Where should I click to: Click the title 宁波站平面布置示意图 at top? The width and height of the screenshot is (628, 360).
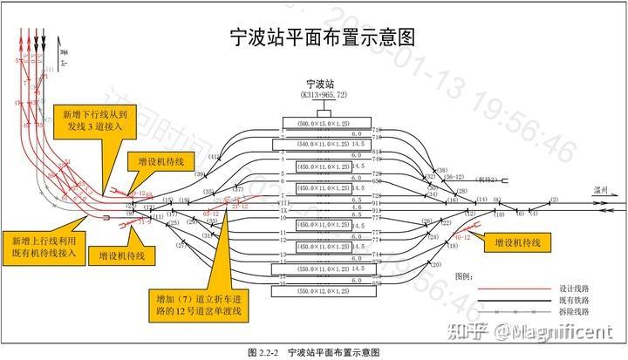(x=320, y=37)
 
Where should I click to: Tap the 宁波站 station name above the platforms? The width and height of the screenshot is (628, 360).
(x=323, y=83)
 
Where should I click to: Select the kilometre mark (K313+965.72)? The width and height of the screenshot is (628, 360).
(x=323, y=94)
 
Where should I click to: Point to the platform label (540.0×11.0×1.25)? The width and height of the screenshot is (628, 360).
(x=323, y=143)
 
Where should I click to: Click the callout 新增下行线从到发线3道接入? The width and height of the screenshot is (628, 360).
(x=96, y=120)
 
